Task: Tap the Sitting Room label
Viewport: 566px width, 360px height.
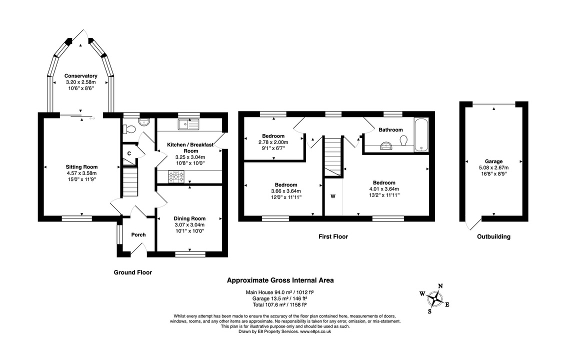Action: coord(81,167)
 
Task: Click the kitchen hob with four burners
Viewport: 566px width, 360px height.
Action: coord(176,176)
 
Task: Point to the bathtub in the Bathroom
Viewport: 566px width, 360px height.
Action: coord(421,134)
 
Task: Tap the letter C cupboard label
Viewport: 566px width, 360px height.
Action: coord(129,153)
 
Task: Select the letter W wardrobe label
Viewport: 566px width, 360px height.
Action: coord(332,196)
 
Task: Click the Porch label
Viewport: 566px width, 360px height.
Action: coord(138,234)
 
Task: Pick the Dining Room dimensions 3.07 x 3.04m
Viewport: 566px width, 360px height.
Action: coord(189,225)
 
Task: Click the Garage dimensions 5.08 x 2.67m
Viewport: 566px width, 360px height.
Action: coord(492,168)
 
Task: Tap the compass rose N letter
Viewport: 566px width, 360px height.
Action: coord(440,286)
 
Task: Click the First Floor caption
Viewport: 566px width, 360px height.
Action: coord(333,236)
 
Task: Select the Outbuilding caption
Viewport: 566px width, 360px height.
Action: coord(493,236)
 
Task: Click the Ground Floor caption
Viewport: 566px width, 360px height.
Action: coord(132,272)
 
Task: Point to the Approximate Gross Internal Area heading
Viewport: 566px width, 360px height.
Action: coord(280,280)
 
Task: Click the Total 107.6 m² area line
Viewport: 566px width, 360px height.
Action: coord(280,304)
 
